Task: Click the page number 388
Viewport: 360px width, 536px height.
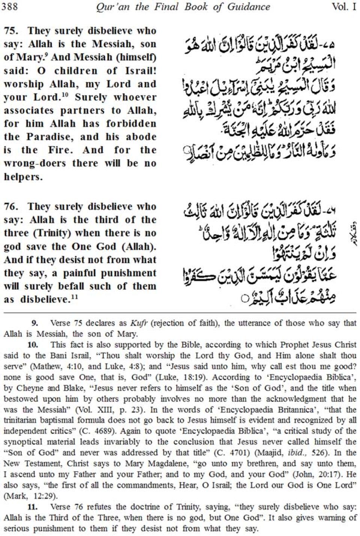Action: [x=9, y=6]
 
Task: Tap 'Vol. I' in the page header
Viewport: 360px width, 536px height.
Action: [x=343, y=6]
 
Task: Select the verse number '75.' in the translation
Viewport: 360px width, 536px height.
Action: [x=12, y=31]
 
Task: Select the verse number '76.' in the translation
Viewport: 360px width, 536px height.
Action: [x=12, y=207]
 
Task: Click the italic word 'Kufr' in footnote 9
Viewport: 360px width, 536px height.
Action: [x=138, y=323]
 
